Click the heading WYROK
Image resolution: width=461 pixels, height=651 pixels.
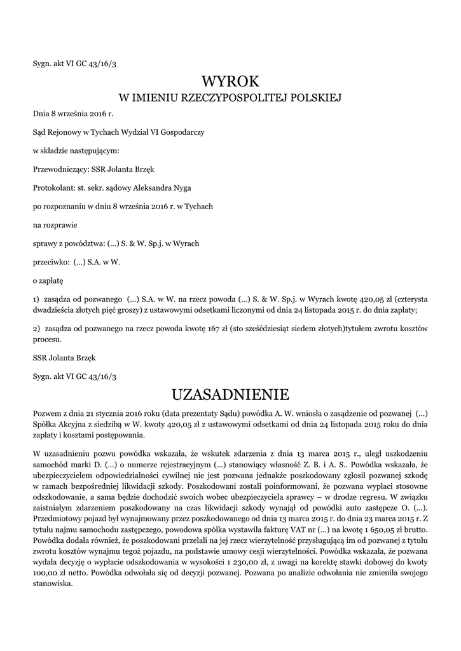231,81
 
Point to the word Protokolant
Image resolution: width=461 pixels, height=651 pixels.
53,188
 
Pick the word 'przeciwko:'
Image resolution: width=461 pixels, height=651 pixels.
50,261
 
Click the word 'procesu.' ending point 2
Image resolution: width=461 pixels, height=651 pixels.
48,339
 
